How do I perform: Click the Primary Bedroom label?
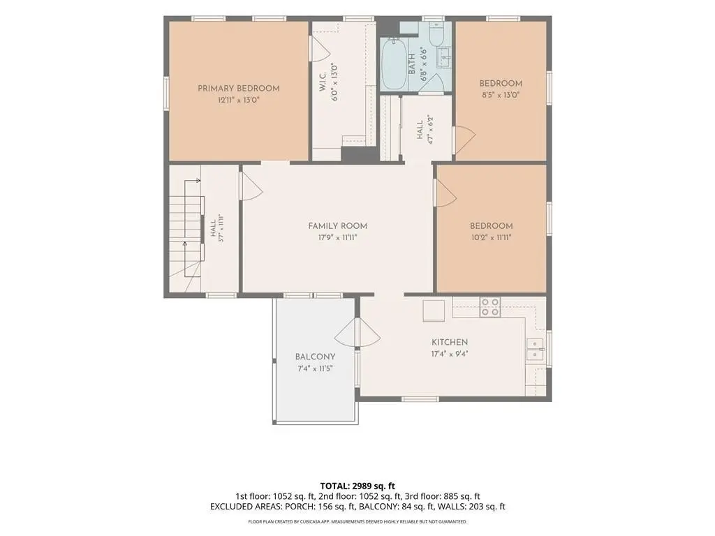tap(239, 89)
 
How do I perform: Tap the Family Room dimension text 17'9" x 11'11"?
tap(337, 237)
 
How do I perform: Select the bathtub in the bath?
tap(394, 64)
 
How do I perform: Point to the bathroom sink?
tap(443, 58)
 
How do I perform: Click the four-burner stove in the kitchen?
tap(489, 307)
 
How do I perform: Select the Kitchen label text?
tap(450, 342)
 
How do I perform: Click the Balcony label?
tap(315, 357)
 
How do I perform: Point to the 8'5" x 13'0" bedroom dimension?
tap(501, 95)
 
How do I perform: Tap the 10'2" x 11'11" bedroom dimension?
tap(491, 237)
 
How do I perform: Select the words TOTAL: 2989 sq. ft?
tap(357, 486)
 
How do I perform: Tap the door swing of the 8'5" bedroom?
tap(464, 140)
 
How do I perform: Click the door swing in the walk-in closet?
tap(319, 49)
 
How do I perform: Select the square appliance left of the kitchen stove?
tap(434, 311)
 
